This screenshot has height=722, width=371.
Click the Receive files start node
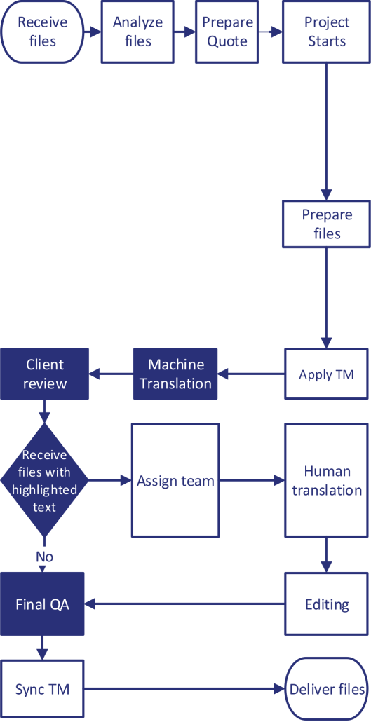tap(42, 32)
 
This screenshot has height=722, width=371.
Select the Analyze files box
tap(137, 32)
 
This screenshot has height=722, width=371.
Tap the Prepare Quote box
tap(227, 32)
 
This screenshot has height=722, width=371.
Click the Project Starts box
tap(326, 32)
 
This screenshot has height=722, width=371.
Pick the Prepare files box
tap(326, 224)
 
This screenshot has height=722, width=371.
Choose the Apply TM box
tap(326, 374)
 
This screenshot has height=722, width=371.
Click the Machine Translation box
tap(175, 374)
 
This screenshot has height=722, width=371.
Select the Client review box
tap(44, 374)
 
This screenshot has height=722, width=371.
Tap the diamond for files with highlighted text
tap(44, 480)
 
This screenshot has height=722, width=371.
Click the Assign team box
tap(175, 481)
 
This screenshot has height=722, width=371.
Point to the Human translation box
tap(327, 481)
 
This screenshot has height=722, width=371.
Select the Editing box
tap(327, 604)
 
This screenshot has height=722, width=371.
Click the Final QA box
tap(42, 604)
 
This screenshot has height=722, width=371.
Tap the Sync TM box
tap(42, 689)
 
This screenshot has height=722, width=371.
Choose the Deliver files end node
tap(327, 689)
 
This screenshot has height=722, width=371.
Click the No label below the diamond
tap(44, 557)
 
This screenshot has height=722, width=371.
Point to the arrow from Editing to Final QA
tap(184, 604)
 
